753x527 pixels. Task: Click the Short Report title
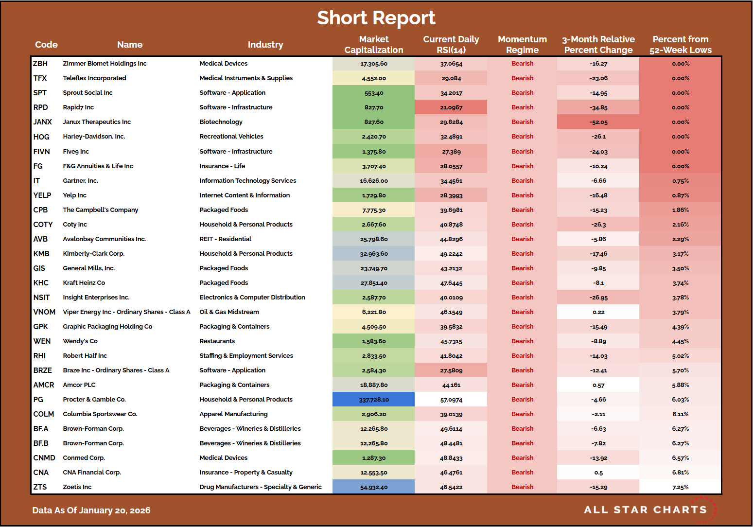click(x=376, y=18)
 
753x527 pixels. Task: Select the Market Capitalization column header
click(x=373, y=45)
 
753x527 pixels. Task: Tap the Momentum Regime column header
click(x=522, y=45)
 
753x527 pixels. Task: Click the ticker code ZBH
click(x=40, y=64)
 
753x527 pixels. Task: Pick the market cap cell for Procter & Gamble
click(x=374, y=400)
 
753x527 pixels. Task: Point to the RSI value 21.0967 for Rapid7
click(x=451, y=107)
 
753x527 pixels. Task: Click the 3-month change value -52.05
click(x=598, y=122)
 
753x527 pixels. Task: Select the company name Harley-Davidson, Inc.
click(x=94, y=137)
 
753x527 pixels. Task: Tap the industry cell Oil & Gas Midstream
click(x=229, y=312)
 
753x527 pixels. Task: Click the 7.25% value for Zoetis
click(x=680, y=487)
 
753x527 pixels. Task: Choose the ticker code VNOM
click(x=44, y=312)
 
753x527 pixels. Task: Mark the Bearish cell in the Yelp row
click(x=522, y=195)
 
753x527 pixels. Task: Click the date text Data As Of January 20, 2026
click(x=91, y=510)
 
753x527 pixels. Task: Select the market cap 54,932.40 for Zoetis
click(x=374, y=487)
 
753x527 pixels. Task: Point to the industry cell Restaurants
click(x=217, y=341)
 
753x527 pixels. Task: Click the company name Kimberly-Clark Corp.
click(x=93, y=254)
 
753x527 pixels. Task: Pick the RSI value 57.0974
click(x=451, y=400)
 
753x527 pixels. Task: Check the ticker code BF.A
click(x=41, y=429)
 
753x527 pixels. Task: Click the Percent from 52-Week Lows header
click(x=680, y=45)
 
